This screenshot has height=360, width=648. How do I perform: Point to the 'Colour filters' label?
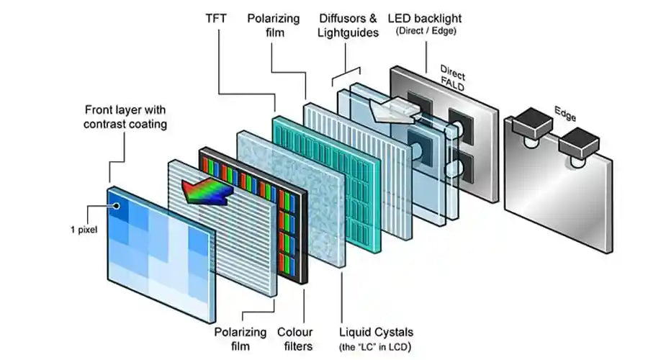[294, 339]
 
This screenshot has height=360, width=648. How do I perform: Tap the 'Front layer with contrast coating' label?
[125, 117]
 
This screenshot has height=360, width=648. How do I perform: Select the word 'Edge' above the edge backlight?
[564, 112]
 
